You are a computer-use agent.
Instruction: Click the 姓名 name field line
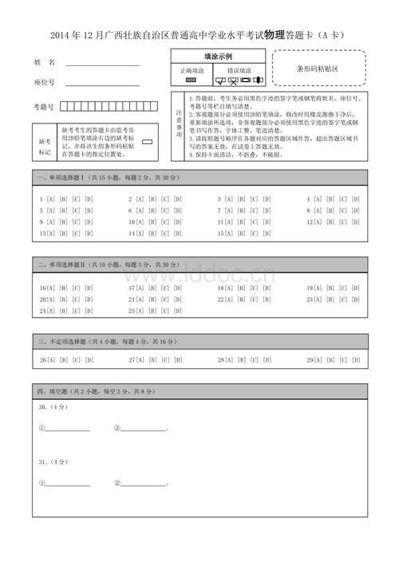tap(102, 63)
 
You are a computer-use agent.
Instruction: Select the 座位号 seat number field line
tap(102, 83)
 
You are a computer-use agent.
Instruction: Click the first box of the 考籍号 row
tap(65, 105)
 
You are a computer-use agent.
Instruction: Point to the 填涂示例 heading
tap(218, 57)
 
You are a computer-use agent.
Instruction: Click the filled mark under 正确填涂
tap(191, 80)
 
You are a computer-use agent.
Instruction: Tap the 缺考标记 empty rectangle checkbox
tap(146, 140)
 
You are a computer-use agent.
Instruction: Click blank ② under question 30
tap(144, 429)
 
